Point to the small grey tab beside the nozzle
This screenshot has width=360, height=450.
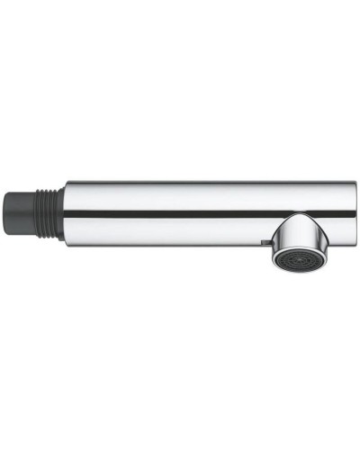tap(262, 244)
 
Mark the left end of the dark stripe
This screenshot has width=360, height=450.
tap(68, 214)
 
